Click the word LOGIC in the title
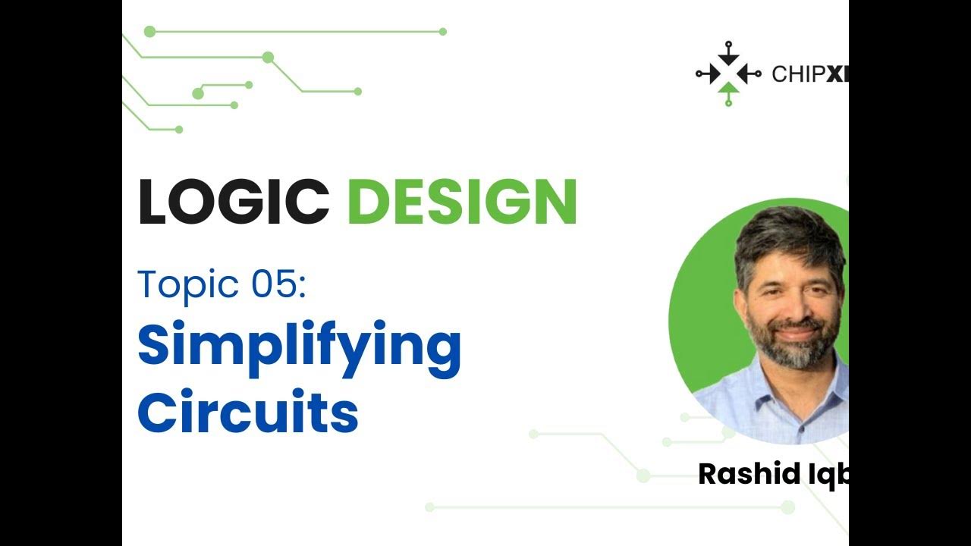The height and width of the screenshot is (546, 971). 233,202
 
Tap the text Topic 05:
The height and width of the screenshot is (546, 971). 222,284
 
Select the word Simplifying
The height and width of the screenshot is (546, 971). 299,346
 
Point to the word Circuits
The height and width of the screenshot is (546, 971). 247,413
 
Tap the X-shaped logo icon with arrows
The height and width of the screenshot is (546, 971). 728,74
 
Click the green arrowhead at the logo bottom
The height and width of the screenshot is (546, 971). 728,89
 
